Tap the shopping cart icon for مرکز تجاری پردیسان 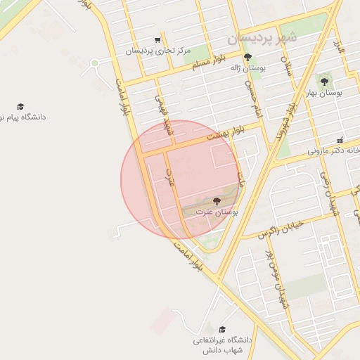click(x=157, y=40)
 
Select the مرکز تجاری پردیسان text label click(x=154, y=51)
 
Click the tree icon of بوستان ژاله click(x=247, y=57)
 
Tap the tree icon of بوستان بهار click(x=324, y=82)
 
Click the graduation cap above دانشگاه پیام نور click(x=20, y=106)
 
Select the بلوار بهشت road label click(x=226, y=134)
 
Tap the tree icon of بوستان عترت click(x=216, y=201)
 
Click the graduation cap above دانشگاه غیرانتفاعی click(x=222, y=329)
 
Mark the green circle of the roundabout click(x=94, y=65)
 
